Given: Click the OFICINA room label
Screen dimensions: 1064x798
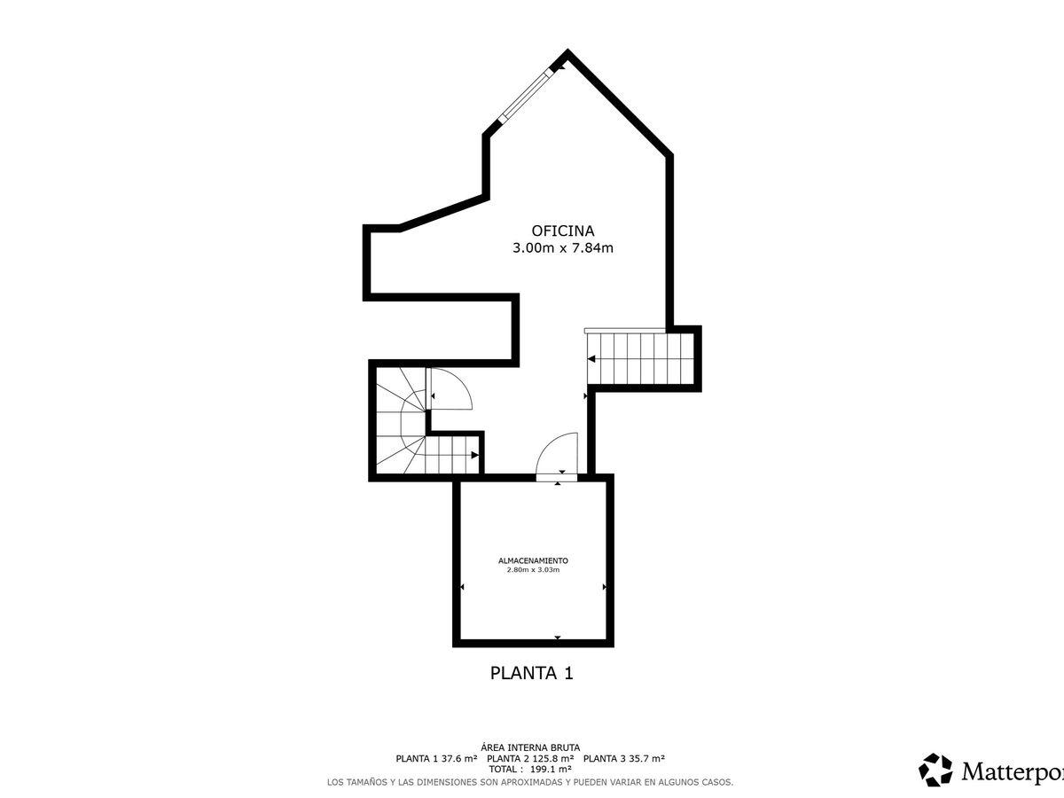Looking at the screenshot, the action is [563, 231].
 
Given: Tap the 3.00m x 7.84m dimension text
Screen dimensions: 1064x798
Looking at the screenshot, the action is [563, 248].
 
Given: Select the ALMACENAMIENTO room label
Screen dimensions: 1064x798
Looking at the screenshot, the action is [533, 560].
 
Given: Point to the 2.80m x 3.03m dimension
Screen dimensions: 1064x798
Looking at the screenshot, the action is [533, 570].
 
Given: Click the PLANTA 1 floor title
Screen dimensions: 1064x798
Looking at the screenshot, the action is [532, 673].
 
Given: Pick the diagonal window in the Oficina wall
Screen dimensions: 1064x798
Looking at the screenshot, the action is [526, 94].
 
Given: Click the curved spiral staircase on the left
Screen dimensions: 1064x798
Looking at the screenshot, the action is [403, 420].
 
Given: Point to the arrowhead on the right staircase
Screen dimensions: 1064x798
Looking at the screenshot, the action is [591, 359].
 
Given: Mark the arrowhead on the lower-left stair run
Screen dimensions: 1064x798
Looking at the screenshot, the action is [475, 455].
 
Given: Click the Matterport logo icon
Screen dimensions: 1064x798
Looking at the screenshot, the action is [935, 770].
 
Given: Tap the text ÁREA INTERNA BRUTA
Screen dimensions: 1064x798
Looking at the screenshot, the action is [530, 747].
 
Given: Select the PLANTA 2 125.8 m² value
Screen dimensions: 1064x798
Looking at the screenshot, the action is [530, 758].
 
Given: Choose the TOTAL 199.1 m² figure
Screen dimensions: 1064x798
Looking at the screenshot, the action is [530, 769].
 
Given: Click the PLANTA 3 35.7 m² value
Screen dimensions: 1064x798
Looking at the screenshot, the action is [624, 758].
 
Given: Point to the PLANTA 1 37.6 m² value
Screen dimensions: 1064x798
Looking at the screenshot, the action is [437, 758].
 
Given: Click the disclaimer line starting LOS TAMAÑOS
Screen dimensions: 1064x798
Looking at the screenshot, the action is [530, 781].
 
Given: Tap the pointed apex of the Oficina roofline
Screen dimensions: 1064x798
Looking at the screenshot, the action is [567, 50].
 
